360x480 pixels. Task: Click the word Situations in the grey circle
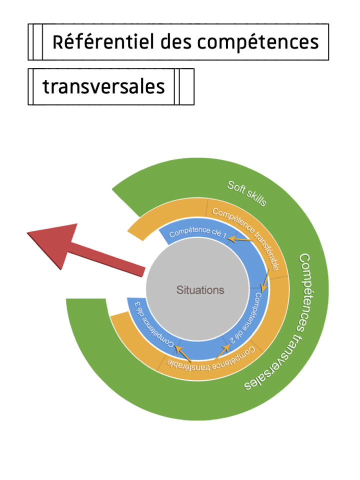coord(200,290)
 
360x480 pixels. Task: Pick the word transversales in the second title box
coord(103,86)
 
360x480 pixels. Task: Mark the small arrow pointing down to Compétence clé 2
coord(266,280)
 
